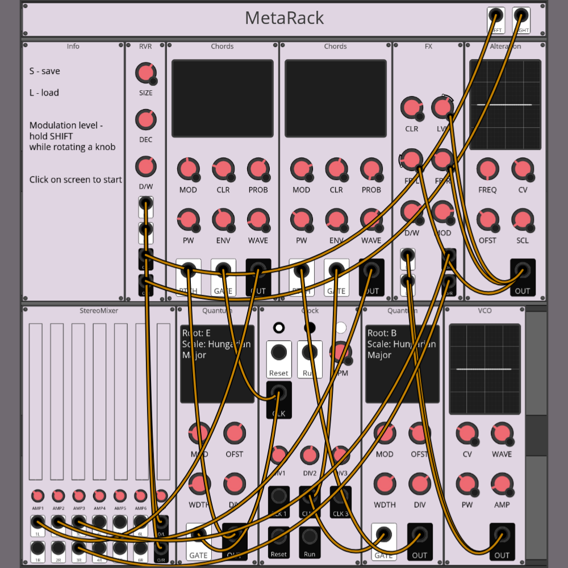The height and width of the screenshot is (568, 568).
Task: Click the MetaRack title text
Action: click(x=284, y=18)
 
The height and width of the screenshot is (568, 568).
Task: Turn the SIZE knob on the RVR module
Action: click(x=145, y=73)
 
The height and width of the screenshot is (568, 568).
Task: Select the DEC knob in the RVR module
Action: click(x=145, y=120)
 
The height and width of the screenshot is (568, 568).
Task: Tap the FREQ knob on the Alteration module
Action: click(x=487, y=169)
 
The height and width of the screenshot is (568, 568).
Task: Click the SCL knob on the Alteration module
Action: click(x=522, y=220)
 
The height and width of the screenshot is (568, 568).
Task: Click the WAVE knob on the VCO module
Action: click(x=502, y=433)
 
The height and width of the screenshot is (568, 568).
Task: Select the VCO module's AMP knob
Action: click(x=502, y=484)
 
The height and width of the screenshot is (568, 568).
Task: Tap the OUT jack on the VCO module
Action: click(x=502, y=534)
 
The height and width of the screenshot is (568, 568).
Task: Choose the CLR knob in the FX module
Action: click(x=411, y=108)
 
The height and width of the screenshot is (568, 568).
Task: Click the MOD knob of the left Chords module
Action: click(x=187, y=169)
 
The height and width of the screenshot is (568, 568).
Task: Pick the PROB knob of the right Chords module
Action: click(x=371, y=169)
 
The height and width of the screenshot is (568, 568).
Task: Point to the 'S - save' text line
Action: click(x=45, y=71)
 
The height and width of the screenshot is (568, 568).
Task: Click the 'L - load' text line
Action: click(x=44, y=93)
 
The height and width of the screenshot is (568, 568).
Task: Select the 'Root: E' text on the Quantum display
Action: click(x=197, y=333)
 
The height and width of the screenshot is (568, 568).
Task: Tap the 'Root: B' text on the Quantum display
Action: click(x=382, y=333)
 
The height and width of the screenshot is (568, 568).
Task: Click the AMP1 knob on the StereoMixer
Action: click(x=37, y=496)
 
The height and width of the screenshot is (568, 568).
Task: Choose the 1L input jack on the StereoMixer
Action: click(x=37, y=523)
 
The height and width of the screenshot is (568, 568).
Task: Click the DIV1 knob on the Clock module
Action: click(x=278, y=455)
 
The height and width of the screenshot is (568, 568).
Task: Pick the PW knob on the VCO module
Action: click(x=466, y=484)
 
